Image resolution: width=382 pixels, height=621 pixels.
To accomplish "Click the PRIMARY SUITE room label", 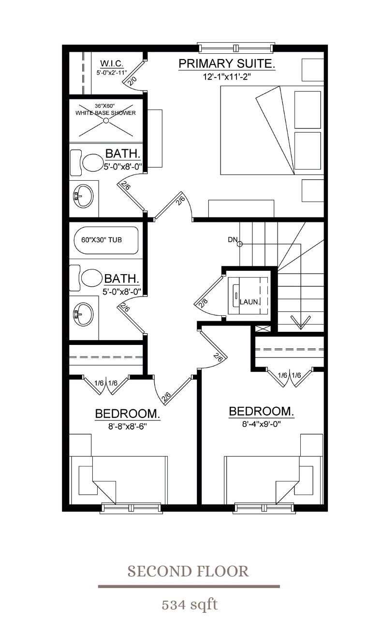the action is pyautogui.click(x=227, y=64).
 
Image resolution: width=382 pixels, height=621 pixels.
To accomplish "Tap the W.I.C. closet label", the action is pyautogui.click(x=112, y=63).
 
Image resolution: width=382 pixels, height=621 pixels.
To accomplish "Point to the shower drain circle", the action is pyautogui.click(x=106, y=121).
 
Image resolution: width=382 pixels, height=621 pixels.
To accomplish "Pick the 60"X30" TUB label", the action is pyautogui.click(x=102, y=240).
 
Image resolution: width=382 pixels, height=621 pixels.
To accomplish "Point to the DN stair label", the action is pyautogui.click(x=233, y=239).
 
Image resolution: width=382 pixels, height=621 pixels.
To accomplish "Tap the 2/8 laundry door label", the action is pyautogui.click(x=203, y=304).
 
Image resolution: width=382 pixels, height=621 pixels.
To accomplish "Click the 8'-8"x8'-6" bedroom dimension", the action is pyautogui.click(x=127, y=426).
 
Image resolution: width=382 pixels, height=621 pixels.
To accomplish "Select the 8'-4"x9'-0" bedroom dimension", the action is pyautogui.click(x=262, y=424).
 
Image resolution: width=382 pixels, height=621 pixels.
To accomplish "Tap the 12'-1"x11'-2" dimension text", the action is pyautogui.click(x=227, y=77).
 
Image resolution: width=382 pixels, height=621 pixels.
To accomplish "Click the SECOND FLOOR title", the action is pyautogui.click(x=188, y=572).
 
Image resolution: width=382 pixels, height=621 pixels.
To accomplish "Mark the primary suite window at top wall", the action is pyautogui.click(x=236, y=47).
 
